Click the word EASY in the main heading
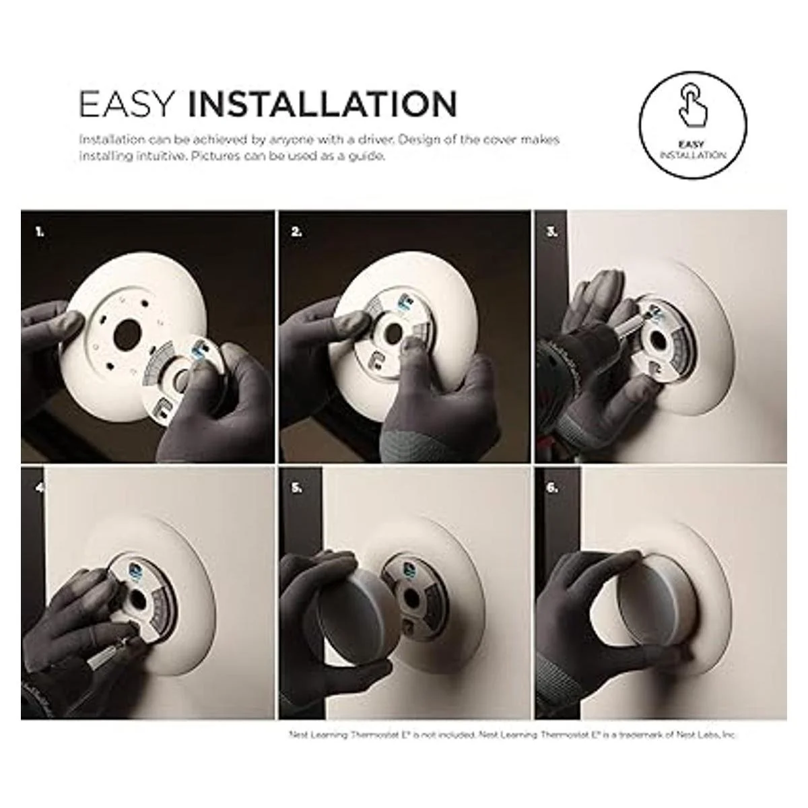coord(126,104)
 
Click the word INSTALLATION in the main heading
coord(322,104)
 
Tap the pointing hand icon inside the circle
coord(693,106)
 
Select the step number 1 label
coord(40,232)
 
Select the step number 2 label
coord(296,232)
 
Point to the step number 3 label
coord(552,232)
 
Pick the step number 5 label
coord(296,488)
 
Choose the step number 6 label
coord(552,488)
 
